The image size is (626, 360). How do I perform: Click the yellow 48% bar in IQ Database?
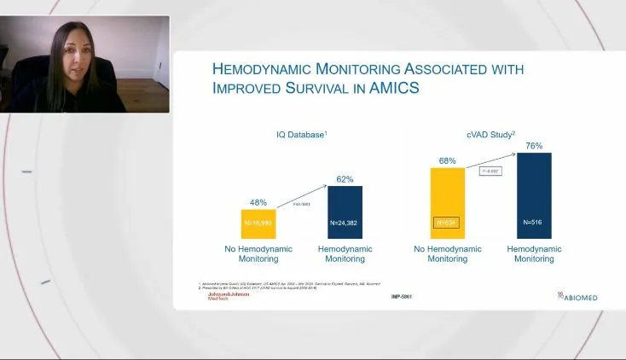(258, 224)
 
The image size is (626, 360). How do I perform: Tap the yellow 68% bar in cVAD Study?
(448, 203)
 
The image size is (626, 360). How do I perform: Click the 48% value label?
(258, 202)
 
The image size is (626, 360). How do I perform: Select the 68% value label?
(448, 160)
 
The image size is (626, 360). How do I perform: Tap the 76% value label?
(534, 146)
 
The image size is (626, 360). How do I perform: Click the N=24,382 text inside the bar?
(345, 223)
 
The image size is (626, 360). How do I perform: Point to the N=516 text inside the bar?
(534, 223)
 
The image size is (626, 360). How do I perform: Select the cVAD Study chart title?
(490, 135)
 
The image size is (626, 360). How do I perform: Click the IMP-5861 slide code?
(403, 297)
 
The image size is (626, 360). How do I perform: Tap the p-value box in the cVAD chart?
(490, 171)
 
